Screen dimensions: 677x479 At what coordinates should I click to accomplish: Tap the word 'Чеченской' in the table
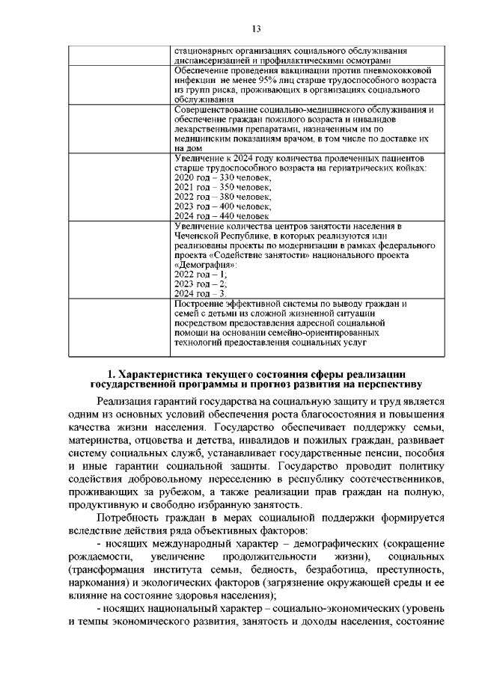click(x=198, y=235)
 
